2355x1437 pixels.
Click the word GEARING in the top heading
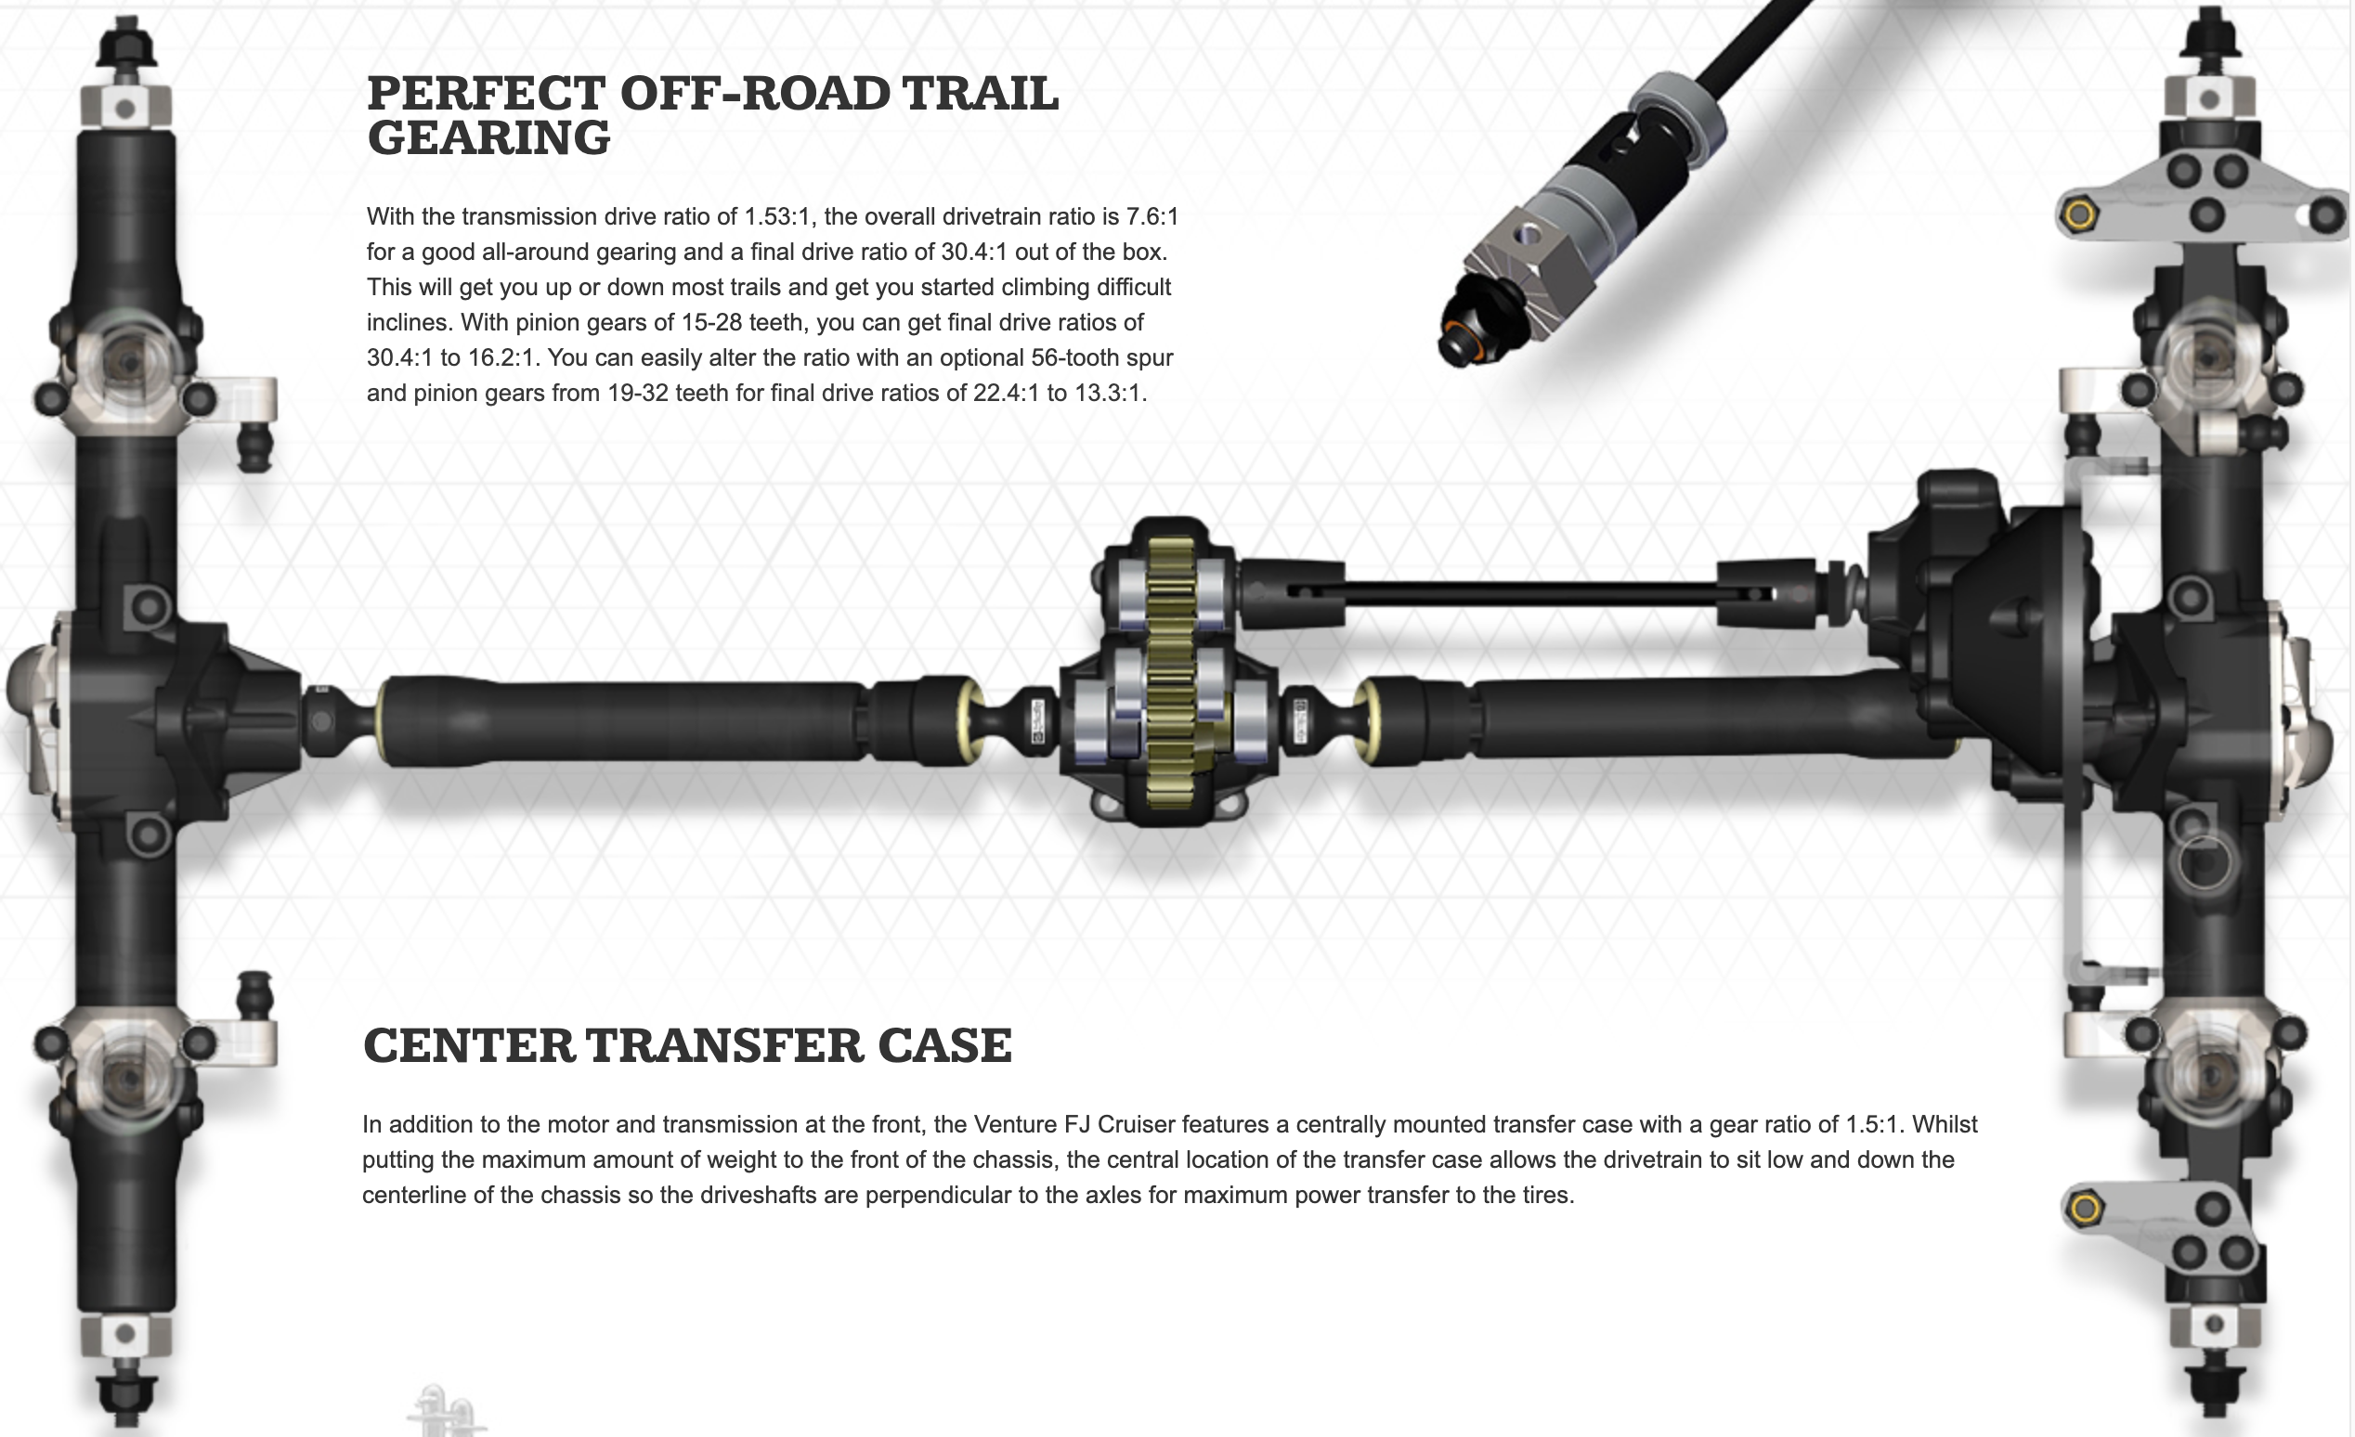488,138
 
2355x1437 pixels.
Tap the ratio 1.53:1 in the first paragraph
778,217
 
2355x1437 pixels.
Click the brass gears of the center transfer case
1171,674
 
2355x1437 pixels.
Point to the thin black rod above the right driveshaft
1529,593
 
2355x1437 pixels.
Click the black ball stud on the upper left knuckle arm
254,447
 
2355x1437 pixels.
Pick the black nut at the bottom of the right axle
2215,1392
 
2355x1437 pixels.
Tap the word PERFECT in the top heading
487,94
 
